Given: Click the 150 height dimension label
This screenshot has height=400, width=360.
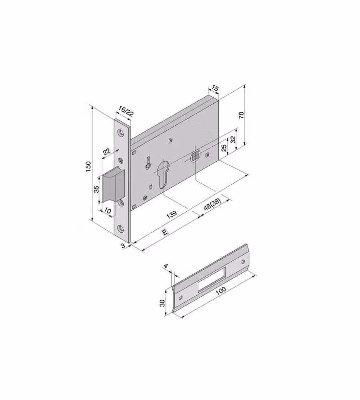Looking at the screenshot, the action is (88, 166).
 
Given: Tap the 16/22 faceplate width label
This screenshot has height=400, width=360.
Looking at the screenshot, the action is (126, 111).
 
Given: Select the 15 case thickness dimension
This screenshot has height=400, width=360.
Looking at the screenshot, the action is (215, 88).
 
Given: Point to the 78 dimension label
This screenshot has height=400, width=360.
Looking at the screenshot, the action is (241, 115).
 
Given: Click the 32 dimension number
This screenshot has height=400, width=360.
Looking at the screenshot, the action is (233, 140).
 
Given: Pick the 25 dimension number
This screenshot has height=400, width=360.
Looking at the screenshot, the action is (224, 148).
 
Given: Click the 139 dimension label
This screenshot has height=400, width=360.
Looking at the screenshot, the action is (172, 214).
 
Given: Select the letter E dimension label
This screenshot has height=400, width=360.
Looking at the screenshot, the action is (165, 232).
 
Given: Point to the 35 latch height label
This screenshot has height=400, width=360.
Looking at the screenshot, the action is (96, 189).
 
